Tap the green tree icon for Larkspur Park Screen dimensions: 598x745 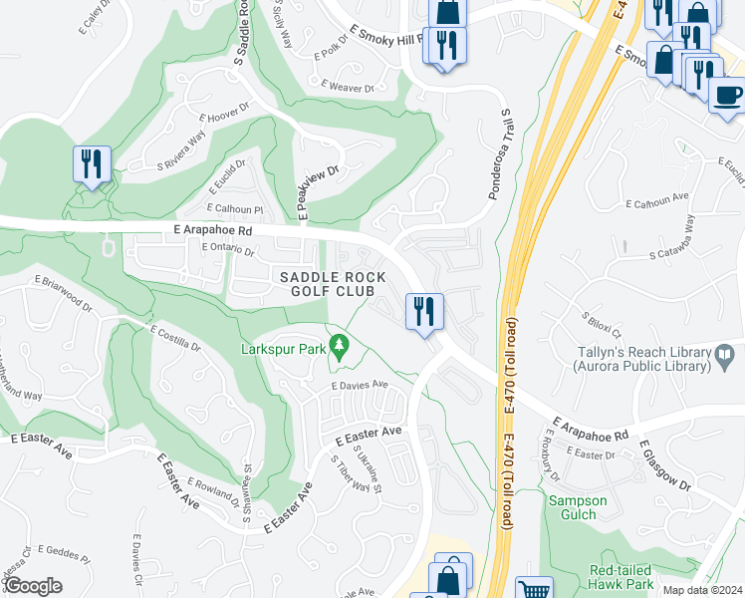coord(341,348)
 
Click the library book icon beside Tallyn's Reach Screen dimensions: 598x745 coord(725,353)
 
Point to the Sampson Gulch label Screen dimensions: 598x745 coord(572,507)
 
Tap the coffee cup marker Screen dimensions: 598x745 coord(726,96)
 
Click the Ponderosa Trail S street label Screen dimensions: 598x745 coord(498,154)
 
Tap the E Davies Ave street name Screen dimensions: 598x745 coord(359,385)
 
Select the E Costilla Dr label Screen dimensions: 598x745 coord(175,338)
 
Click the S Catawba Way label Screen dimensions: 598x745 coord(683,248)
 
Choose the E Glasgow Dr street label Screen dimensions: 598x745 coord(664,463)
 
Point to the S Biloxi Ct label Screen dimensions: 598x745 coord(602,325)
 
